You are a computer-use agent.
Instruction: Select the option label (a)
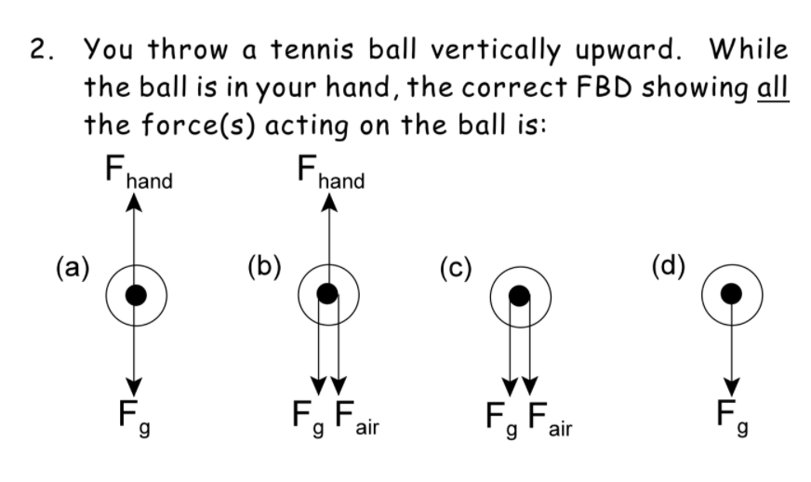click(x=72, y=269)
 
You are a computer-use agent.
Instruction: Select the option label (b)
click(x=265, y=269)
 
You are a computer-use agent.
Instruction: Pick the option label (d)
click(x=668, y=269)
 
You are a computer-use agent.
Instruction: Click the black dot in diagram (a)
click(x=136, y=295)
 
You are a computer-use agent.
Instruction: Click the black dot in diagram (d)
click(x=732, y=294)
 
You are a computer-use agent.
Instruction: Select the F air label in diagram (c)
click(x=546, y=415)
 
